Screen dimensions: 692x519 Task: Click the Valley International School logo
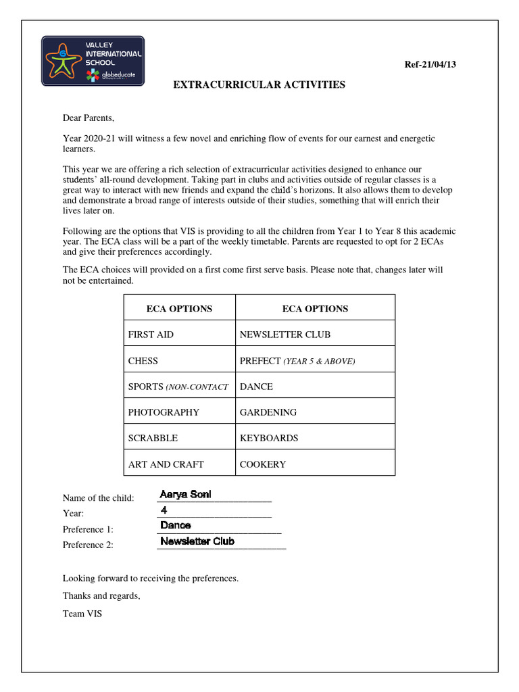(93, 61)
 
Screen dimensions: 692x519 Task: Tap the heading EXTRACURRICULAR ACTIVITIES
(259, 85)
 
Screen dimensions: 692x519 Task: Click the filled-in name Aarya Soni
(186, 495)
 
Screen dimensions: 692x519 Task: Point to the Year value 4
(164, 510)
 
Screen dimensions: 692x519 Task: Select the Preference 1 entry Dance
(176, 525)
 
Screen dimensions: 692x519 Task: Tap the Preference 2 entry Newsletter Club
(197, 541)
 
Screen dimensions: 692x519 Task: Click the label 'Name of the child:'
(99, 498)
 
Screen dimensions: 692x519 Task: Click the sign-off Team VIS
(82, 614)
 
